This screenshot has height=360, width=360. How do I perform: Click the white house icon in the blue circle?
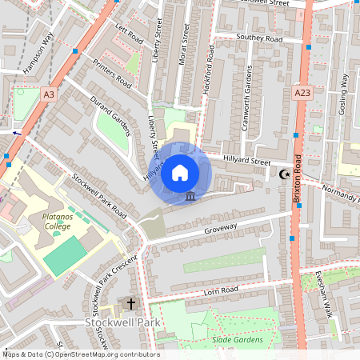[180, 173]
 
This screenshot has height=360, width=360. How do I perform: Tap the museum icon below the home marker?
[190, 196]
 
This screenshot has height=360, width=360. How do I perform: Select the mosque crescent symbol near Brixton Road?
[283, 175]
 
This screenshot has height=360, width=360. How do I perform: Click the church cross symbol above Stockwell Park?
[130, 304]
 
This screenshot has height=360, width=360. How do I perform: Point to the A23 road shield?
[302, 94]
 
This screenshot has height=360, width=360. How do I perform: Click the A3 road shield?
[50, 94]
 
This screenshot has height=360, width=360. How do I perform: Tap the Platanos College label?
[50, 221]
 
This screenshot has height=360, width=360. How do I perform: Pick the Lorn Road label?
[222, 290]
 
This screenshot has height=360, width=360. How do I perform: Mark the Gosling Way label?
[344, 94]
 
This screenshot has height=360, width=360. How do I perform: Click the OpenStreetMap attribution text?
[80, 354]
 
